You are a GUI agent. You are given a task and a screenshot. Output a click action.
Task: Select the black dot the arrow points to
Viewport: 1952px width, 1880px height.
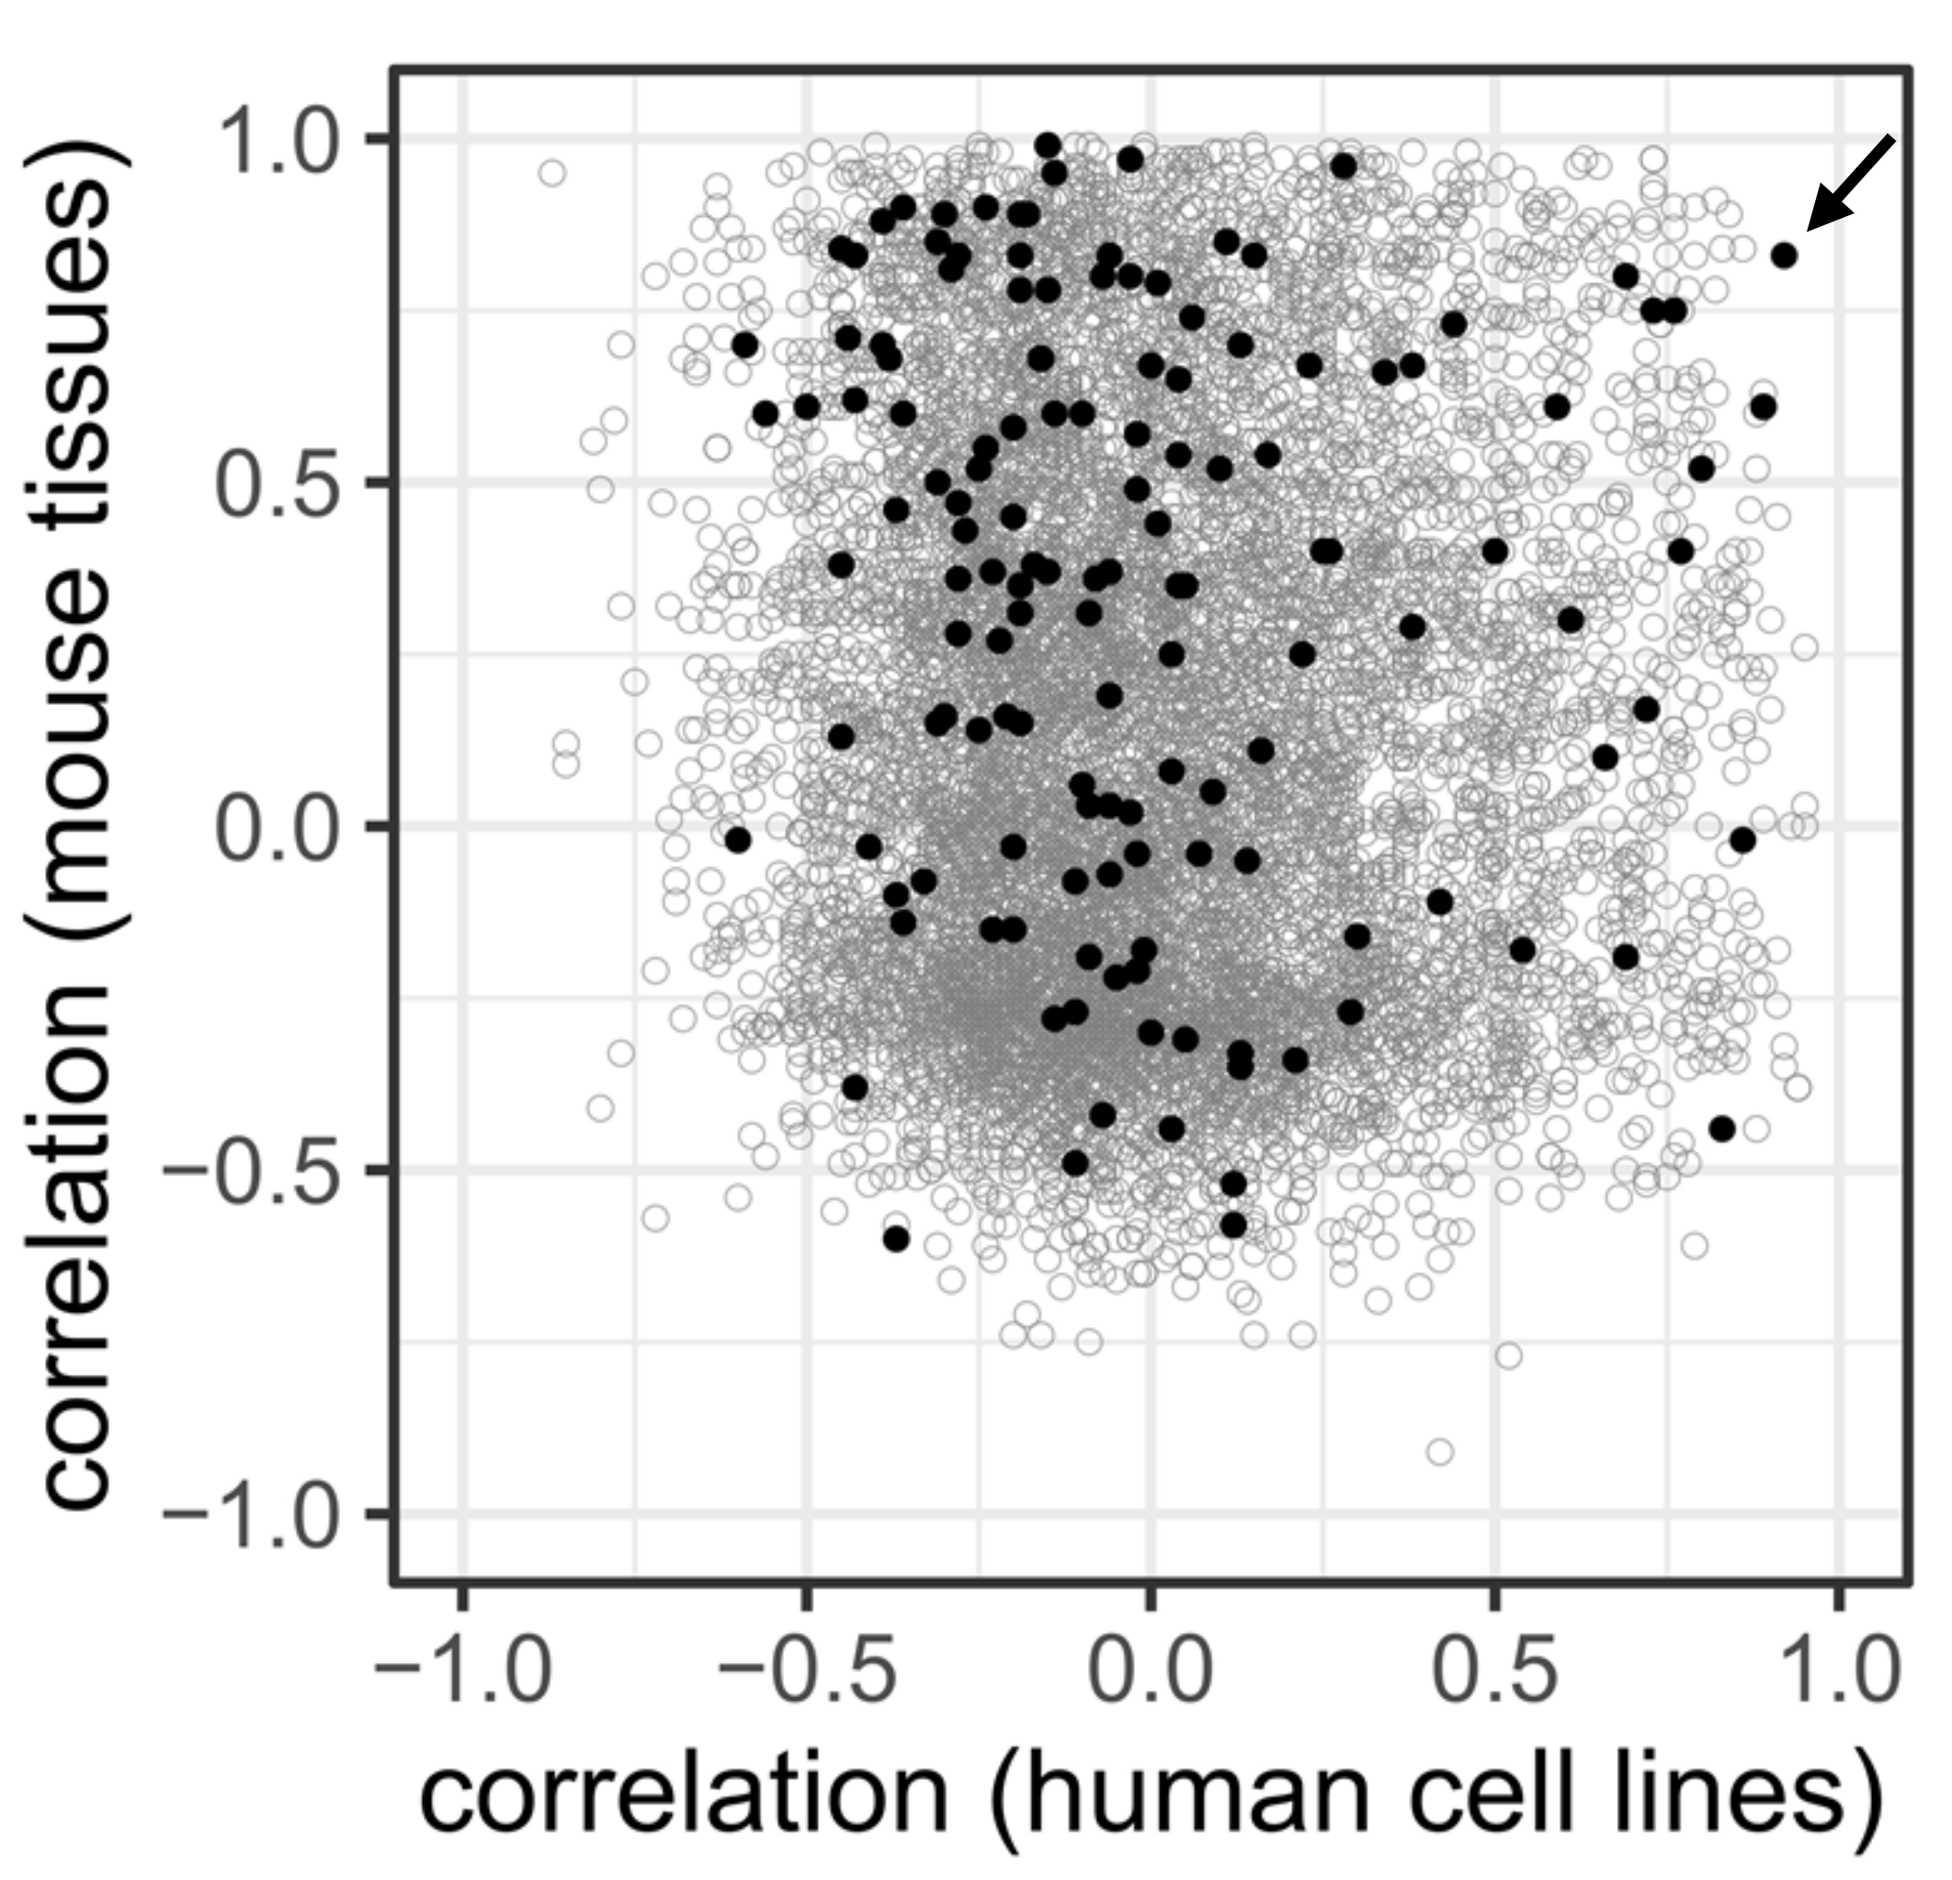[1784, 256]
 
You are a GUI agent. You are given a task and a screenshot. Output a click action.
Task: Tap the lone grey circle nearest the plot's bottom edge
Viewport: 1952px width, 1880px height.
[1440, 1451]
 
